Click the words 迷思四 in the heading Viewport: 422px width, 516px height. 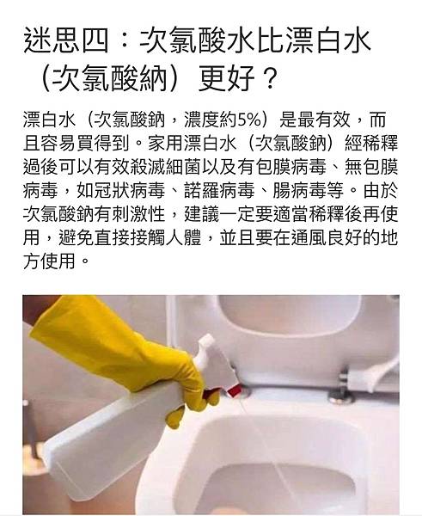[66, 41]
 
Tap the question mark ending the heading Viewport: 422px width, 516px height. [270, 79]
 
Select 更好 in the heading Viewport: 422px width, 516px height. [227, 79]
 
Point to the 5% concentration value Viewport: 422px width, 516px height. [249, 120]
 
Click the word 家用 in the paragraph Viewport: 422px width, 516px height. [165, 144]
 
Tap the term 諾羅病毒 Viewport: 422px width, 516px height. [219, 191]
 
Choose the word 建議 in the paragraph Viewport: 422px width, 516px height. [201, 214]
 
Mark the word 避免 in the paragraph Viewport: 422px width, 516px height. [76, 238]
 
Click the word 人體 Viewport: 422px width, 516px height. [183, 238]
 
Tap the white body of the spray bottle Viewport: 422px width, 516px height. [108, 438]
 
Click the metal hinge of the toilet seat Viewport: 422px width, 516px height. [342, 389]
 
